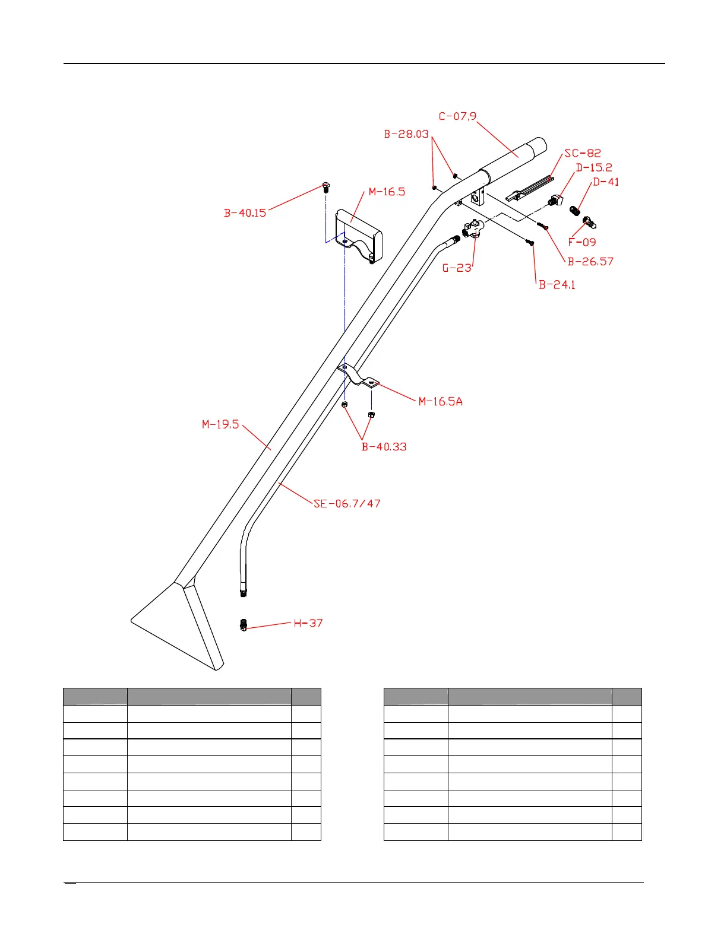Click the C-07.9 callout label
(457, 116)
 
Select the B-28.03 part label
(406, 134)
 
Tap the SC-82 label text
(583, 153)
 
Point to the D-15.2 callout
(594, 168)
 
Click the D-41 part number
(606, 182)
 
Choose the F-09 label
(582, 242)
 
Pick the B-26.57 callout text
(590, 262)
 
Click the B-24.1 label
(557, 285)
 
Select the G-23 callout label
(457, 268)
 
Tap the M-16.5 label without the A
(387, 192)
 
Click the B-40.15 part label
(245, 213)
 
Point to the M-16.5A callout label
(441, 402)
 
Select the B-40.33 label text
(384, 447)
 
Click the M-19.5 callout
(220, 424)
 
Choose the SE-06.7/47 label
(347, 504)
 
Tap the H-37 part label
(308, 623)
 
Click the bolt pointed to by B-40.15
(325, 188)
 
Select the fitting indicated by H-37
(244, 625)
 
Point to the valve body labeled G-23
(473, 229)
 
